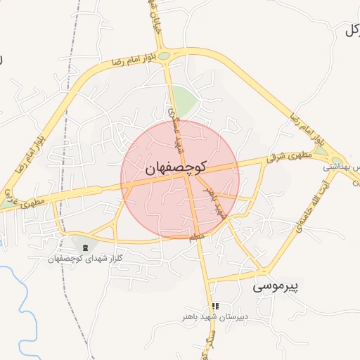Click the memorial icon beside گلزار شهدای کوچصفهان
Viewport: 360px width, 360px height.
[x=85, y=247]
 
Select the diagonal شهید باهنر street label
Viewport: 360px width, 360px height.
[x=213, y=202]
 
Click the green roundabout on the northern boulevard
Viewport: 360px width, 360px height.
[x=163, y=56]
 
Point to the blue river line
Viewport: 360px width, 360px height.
[x=28, y=316]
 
